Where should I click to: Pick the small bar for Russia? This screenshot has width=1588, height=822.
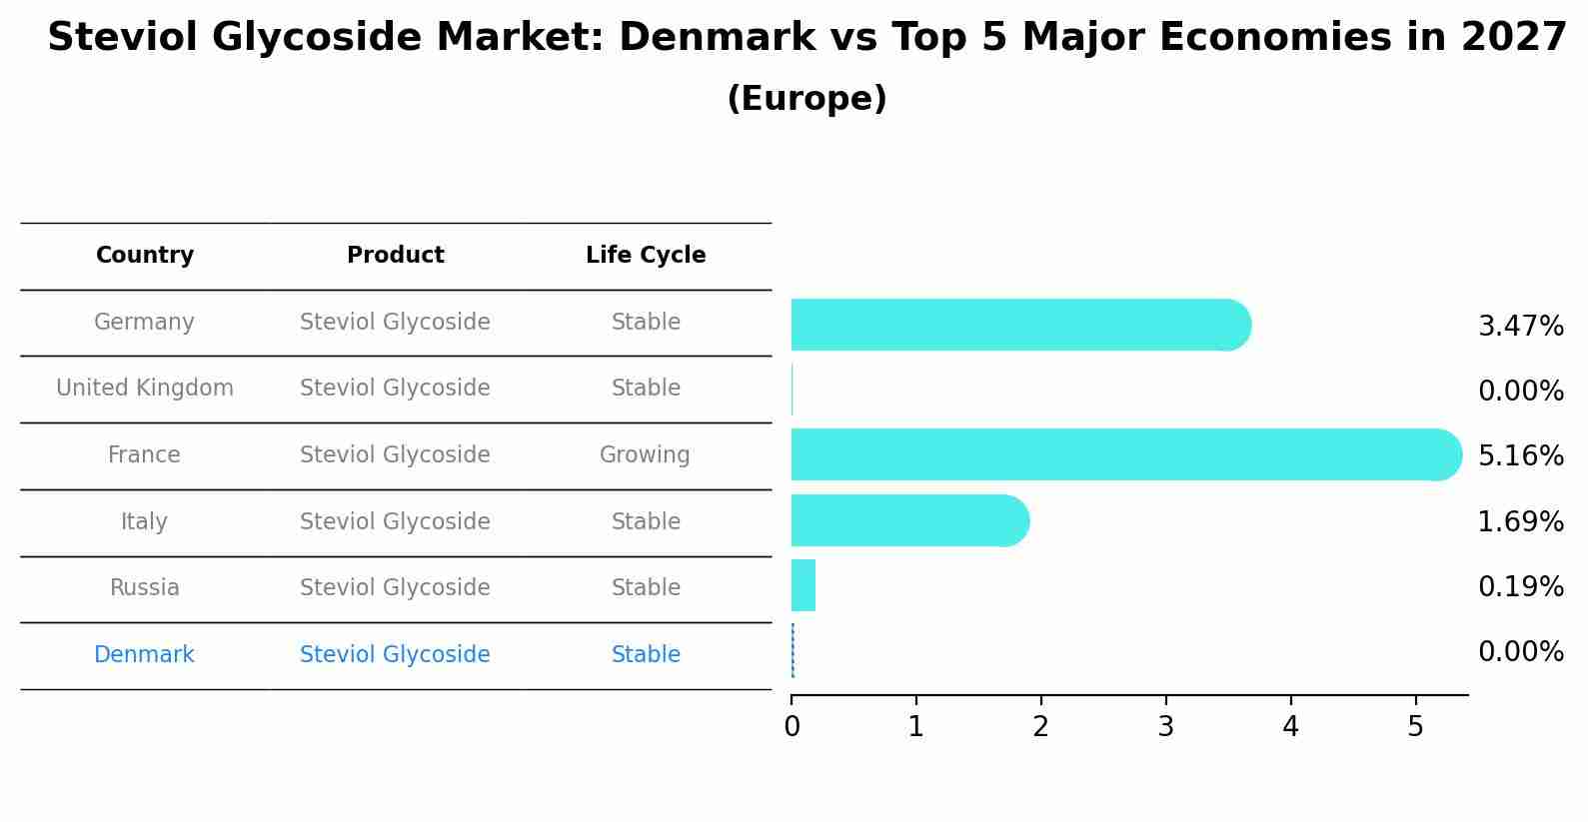coord(803,585)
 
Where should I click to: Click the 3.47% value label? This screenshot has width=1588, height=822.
coord(1520,327)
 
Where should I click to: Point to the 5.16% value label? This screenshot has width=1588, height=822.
coord(1520,456)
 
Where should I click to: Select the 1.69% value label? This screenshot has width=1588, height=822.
coord(1520,521)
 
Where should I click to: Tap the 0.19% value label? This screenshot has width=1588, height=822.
coord(1520,587)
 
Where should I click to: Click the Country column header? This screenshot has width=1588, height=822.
coord(145,256)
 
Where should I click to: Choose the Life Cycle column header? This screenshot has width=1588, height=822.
coord(646,256)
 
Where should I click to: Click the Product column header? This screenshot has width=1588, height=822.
coord(395,256)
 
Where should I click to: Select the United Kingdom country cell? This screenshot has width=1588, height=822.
coord(145,389)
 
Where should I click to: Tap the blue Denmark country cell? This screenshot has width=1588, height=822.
coord(144,655)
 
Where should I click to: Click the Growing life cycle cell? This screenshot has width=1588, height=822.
coord(645,455)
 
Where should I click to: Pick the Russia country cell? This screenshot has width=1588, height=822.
coord(145,588)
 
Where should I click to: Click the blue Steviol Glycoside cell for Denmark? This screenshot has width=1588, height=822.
coord(395,655)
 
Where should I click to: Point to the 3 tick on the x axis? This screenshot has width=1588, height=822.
coord(1165,726)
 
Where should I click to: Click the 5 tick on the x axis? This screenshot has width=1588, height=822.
coord(1415,726)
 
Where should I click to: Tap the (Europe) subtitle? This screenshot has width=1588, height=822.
coord(806,99)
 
